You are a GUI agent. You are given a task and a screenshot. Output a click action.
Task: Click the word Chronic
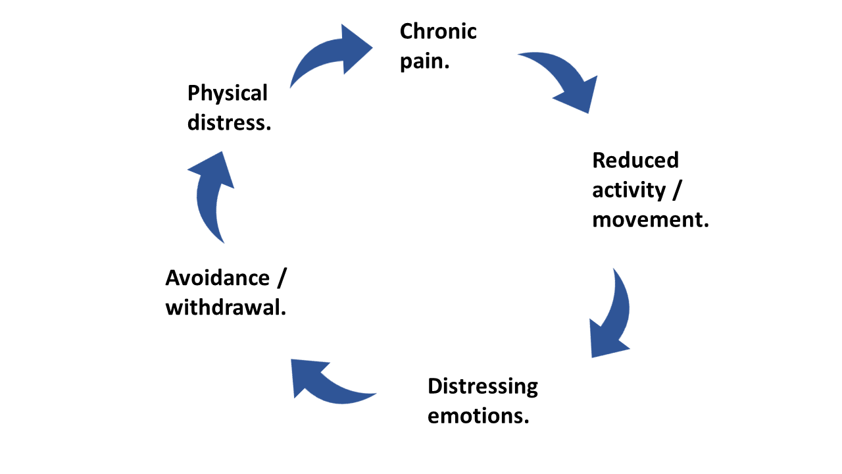click(438, 31)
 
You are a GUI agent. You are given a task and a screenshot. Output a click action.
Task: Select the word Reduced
click(635, 160)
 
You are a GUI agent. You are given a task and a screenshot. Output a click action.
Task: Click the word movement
click(649, 220)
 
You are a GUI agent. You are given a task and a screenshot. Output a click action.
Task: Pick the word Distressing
click(483, 386)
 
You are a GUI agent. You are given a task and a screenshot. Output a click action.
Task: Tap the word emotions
click(477, 416)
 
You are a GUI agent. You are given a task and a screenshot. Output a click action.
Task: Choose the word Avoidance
click(217, 278)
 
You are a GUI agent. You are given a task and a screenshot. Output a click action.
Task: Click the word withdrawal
click(225, 307)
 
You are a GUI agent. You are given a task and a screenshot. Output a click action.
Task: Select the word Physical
click(228, 93)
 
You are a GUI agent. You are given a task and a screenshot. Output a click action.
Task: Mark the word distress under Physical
click(228, 122)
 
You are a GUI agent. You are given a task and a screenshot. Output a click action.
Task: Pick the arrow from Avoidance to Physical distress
click(212, 197)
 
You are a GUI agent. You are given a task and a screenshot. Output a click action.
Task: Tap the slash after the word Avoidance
click(282, 278)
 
